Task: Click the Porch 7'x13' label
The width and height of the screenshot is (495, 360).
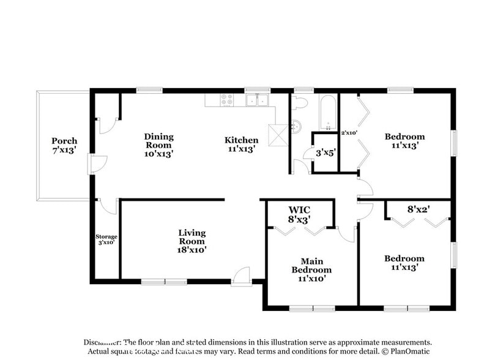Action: [x=64, y=145]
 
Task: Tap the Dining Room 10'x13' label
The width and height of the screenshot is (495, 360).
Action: [x=158, y=145]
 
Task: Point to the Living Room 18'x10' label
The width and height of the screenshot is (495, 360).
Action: [x=192, y=241]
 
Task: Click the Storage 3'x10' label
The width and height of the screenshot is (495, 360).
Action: [x=106, y=239]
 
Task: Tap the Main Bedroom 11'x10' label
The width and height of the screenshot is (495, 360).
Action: [x=311, y=270]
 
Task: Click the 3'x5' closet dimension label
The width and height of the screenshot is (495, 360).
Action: [x=326, y=152]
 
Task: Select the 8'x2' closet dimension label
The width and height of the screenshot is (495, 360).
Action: [x=419, y=209]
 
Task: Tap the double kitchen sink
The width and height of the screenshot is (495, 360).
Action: [x=258, y=100]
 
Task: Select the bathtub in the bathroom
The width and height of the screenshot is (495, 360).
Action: [x=328, y=113]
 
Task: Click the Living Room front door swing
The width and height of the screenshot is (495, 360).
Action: [x=242, y=276]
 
